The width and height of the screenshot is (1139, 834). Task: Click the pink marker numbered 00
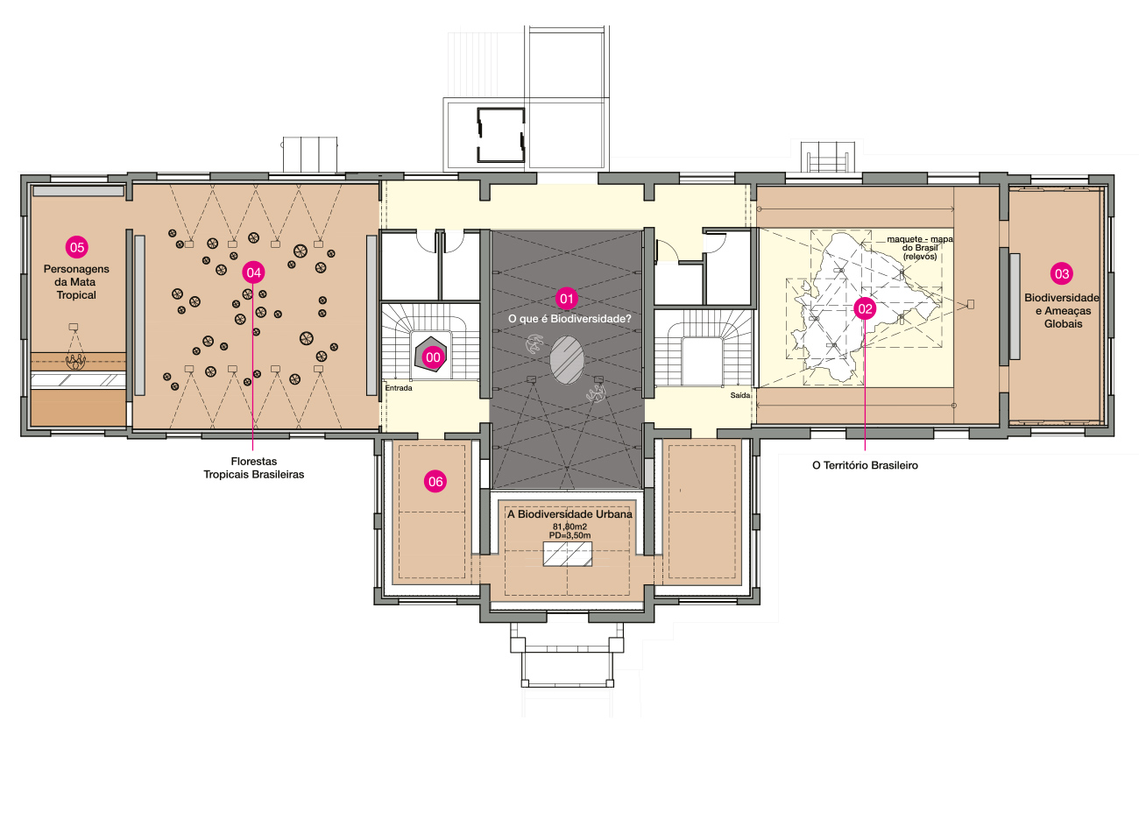click(x=433, y=357)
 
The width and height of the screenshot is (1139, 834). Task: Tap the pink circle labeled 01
click(x=567, y=299)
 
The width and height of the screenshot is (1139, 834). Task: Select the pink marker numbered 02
click(x=865, y=308)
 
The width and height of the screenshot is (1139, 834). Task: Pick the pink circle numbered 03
click(x=1062, y=274)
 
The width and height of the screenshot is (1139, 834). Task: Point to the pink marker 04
click(x=254, y=272)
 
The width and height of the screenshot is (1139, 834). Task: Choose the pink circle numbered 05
click(x=77, y=248)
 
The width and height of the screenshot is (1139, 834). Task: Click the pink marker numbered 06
click(x=435, y=482)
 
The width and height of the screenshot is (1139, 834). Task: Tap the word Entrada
click(x=399, y=388)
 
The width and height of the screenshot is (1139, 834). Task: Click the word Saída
click(x=739, y=395)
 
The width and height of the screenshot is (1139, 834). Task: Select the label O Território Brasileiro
click(x=865, y=465)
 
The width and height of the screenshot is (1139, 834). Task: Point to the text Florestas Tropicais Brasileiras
click(x=254, y=468)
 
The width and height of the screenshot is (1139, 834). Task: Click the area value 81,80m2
click(x=569, y=527)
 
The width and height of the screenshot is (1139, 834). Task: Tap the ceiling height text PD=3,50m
click(x=569, y=535)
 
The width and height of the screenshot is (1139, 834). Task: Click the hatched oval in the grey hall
click(x=567, y=360)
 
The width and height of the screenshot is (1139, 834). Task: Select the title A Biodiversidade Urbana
click(x=569, y=514)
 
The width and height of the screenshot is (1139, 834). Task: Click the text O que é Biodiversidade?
click(x=569, y=319)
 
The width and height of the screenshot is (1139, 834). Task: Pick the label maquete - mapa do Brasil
click(x=920, y=248)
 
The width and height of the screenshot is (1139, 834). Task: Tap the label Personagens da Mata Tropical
click(x=76, y=282)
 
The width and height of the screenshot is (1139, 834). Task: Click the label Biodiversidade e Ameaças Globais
click(x=1062, y=311)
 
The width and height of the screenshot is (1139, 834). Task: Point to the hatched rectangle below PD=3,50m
click(x=568, y=554)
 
